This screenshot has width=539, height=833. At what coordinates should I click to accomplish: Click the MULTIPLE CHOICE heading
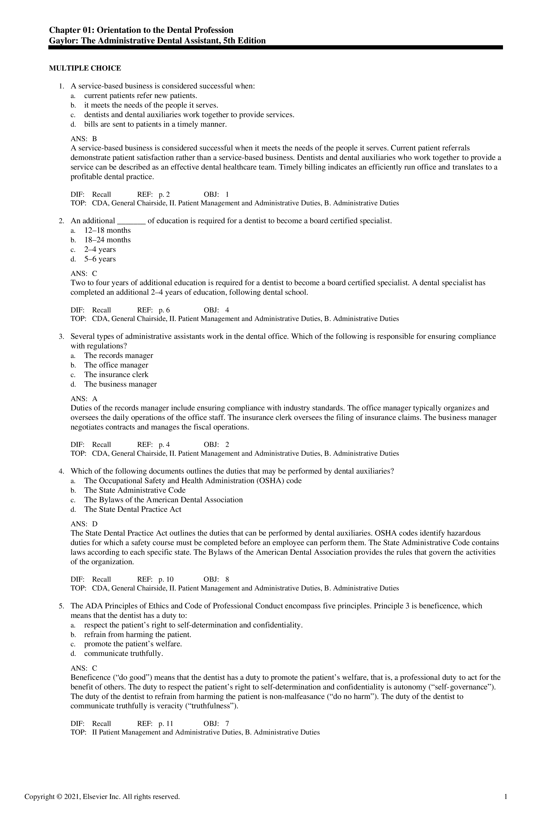click(85, 68)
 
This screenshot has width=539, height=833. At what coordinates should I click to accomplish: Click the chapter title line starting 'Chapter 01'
click(141, 30)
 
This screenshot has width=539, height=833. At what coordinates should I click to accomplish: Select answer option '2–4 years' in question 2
click(100, 250)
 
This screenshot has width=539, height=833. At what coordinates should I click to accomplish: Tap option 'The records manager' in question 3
click(118, 355)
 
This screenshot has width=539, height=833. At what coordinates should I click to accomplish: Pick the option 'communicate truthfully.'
click(123, 653)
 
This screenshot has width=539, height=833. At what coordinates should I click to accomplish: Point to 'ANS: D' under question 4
click(84, 524)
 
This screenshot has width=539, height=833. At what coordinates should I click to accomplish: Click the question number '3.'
click(61, 337)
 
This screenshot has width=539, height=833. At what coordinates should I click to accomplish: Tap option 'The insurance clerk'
click(116, 375)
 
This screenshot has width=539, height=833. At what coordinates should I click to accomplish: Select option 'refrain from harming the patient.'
click(137, 635)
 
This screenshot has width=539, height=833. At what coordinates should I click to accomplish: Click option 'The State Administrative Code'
click(135, 490)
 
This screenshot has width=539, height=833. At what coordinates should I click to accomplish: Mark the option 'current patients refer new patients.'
click(141, 96)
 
